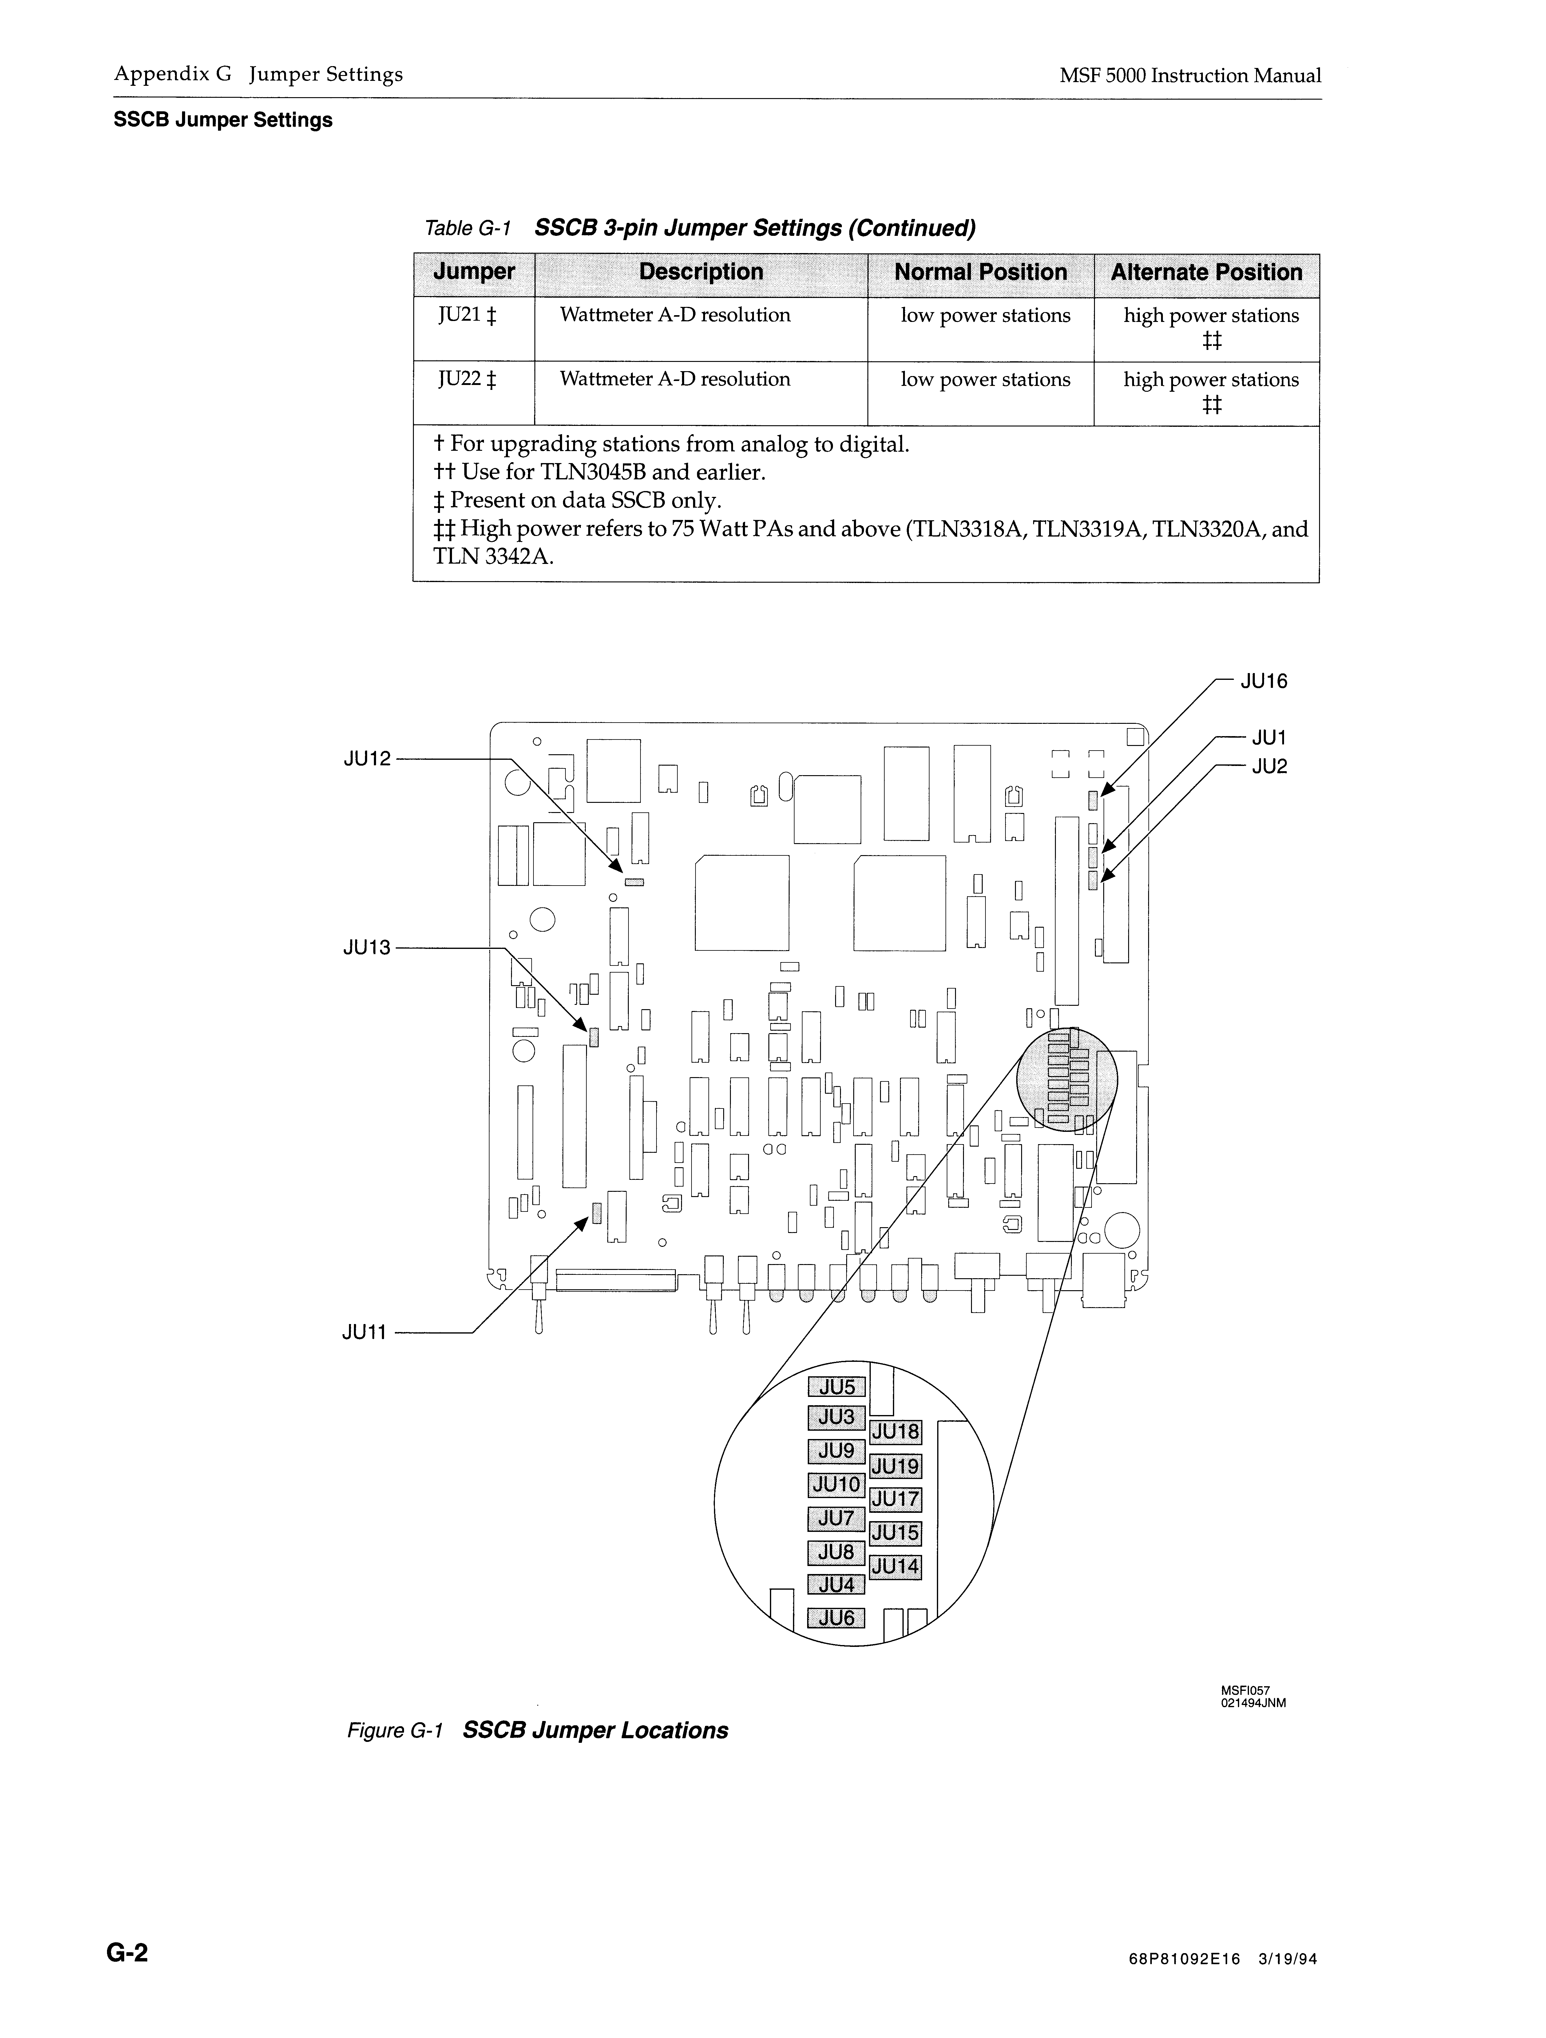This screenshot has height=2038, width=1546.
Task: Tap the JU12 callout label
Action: coord(367,759)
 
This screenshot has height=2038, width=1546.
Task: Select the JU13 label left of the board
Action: coord(367,947)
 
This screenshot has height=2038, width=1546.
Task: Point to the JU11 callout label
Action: coord(365,1332)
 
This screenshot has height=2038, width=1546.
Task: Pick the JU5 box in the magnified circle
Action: coord(837,1388)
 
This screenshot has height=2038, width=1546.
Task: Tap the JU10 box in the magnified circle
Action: coord(837,1485)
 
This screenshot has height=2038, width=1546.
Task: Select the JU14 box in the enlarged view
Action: coord(896,1566)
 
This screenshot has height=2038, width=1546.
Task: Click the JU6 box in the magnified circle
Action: coord(837,1618)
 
